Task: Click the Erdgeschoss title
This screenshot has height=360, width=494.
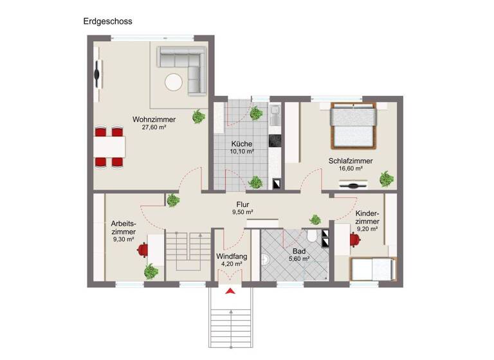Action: coord(107,21)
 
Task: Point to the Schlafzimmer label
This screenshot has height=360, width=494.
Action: coord(350,161)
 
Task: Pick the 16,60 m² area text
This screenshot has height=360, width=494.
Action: coord(350,168)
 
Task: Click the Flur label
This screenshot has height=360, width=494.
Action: coord(242,204)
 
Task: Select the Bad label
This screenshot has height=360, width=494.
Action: coord(299,251)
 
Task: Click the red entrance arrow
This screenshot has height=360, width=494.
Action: coord(231,293)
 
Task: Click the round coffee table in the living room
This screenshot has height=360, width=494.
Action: coord(174,82)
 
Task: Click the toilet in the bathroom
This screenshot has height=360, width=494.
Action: coord(313,236)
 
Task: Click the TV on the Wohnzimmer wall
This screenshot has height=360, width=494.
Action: coord(98,74)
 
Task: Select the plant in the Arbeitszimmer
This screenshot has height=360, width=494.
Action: coord(151,271)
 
